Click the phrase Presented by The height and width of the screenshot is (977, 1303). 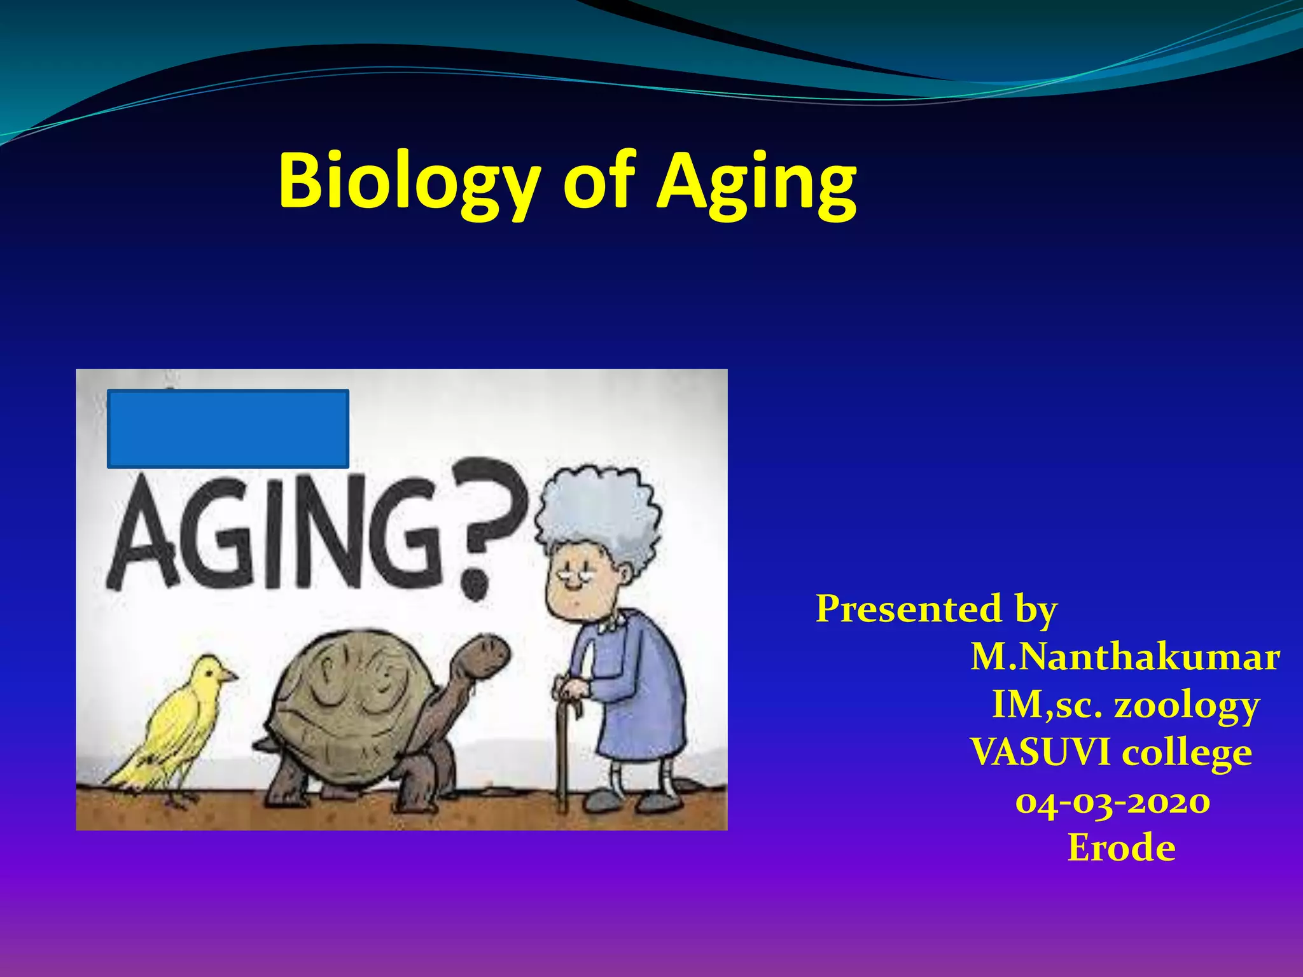click(936, 609)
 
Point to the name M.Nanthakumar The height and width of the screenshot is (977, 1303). click(1125, 657)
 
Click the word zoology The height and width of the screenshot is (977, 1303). click(1187, 705)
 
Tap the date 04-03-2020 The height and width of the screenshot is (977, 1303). click(1113, 801)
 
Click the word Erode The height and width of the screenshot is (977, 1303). click(1121, 849)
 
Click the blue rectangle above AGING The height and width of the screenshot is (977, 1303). click(228, 429)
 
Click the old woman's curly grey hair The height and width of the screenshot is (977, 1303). click(598, 515)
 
